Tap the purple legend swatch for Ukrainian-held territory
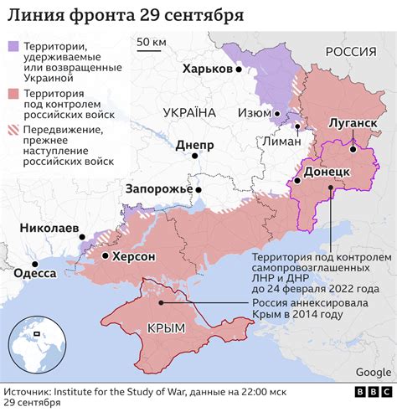(14, 49)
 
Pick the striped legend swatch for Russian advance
(14, 131)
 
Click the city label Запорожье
(157, 188)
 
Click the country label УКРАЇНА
(188, 112)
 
